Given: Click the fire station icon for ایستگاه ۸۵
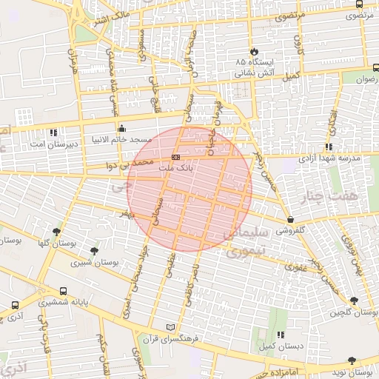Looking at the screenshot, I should pyautogui.click(x=255, y=51).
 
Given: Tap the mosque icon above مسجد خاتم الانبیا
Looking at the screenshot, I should pyautogui.click(x=121, y=128).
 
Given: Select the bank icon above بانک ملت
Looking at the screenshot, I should pyautogui.click(x=175, y=157).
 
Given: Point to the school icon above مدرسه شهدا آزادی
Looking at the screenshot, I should pyautogui.click(x=329, y=147).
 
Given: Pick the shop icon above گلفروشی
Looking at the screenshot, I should pyautogui.click(x=290, y=219).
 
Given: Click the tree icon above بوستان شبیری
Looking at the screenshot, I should pyautogui.click(x=93, y=251).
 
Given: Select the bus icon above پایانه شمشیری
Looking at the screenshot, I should pyautogui.click(x=62, y=292).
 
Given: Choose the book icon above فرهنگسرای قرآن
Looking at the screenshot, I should pyautogui.click(x=172, y=326).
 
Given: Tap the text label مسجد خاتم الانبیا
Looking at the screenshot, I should pyautogui.click(x=121, y=139).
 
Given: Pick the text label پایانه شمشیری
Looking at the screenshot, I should pyautogui.click(x=62, y=303).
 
